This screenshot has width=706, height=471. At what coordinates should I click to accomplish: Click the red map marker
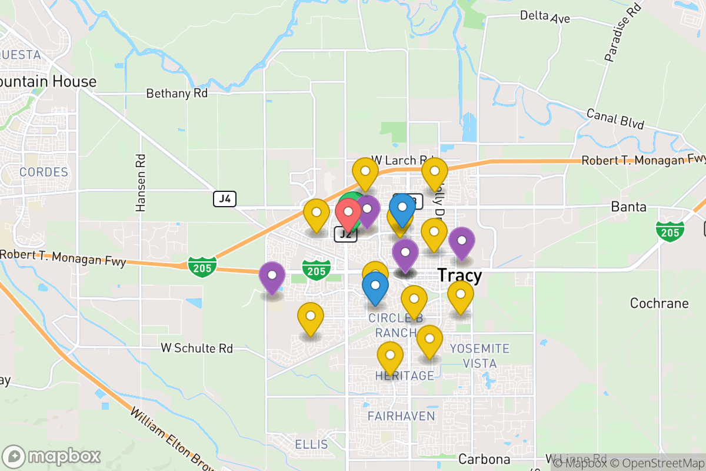pyautogui.click(x=348, y=213)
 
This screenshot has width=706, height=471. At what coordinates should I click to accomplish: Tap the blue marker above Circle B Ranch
pyautogui.click(x=375, y=288)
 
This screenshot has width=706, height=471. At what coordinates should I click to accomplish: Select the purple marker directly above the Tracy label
pyautogui.click(x=462, y=242)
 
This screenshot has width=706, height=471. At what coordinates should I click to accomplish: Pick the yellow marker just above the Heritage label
pyautogui.click(x=390, y=357)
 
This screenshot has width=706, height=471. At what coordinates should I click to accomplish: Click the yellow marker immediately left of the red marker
pyautogui.click(x=316, y=214)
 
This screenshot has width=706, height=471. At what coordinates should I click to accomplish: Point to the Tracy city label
pyautogui.click(x=459, y=276)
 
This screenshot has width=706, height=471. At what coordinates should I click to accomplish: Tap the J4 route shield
pyautogui.click(x=225, y=199)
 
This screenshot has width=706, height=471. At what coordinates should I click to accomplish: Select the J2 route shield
pyautogui.click(x=346, y=234)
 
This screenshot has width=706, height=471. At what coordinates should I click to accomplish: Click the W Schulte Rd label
pyautogui.click(x=197, y=348)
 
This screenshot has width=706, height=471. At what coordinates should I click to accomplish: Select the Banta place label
pyautogui.click(x=629, y=207)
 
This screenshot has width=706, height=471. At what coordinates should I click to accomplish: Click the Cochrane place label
pyautogui.click(x=659, y=303)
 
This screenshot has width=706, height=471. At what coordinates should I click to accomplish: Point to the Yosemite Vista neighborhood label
pyautogui.click(x=479, y=356)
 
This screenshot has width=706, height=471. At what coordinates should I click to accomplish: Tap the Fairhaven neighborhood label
pyautogui.click(x=401, y=416)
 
